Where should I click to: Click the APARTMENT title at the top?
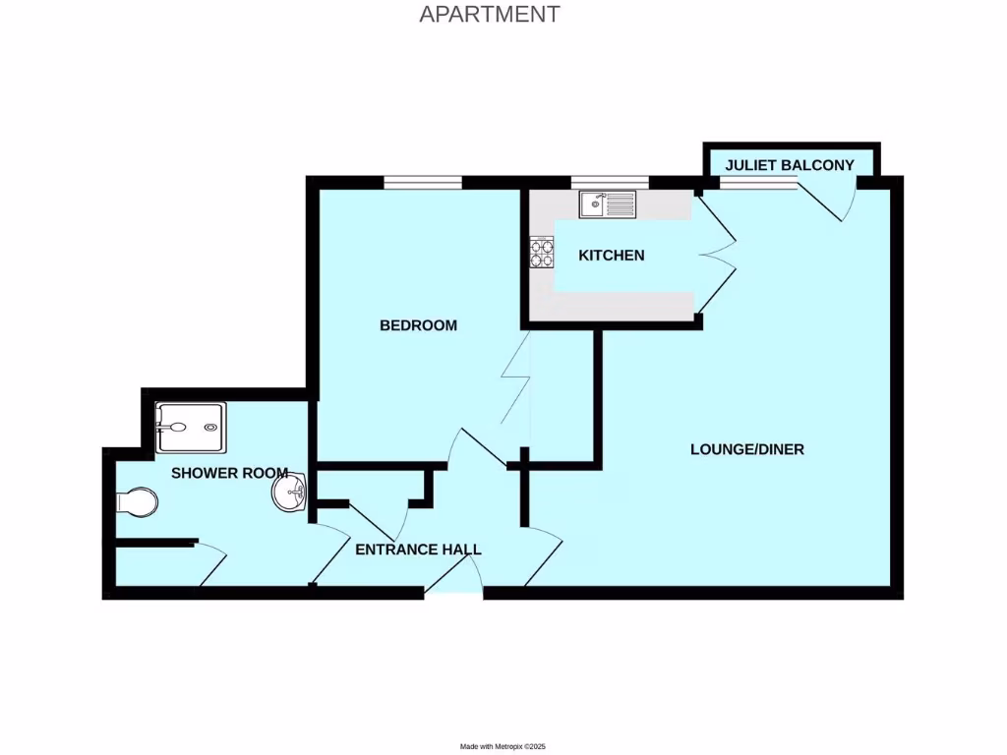pyautogui.click(x=489, y=14)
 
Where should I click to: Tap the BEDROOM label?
pyautogui.click(x=418, y=325)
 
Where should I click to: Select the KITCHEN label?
pyautogui.click(x=611, y=256)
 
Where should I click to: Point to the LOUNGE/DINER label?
pyautogui.click(x=746, y=449)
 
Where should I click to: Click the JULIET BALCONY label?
pyautogui.click(x=790, y=165)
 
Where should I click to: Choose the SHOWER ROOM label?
pyautogui.click(x=229, y=473)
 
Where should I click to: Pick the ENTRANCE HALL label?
pyautogui.click(x=418, y=550)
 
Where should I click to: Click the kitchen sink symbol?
pyautogui.click(x=608, y=204)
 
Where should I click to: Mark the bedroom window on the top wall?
pyautogui.click(x=422, y=182)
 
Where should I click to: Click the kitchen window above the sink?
pyautogui.click(x=609, y=182)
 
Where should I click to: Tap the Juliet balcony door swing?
pyautogui.click(x=832, y=203)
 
